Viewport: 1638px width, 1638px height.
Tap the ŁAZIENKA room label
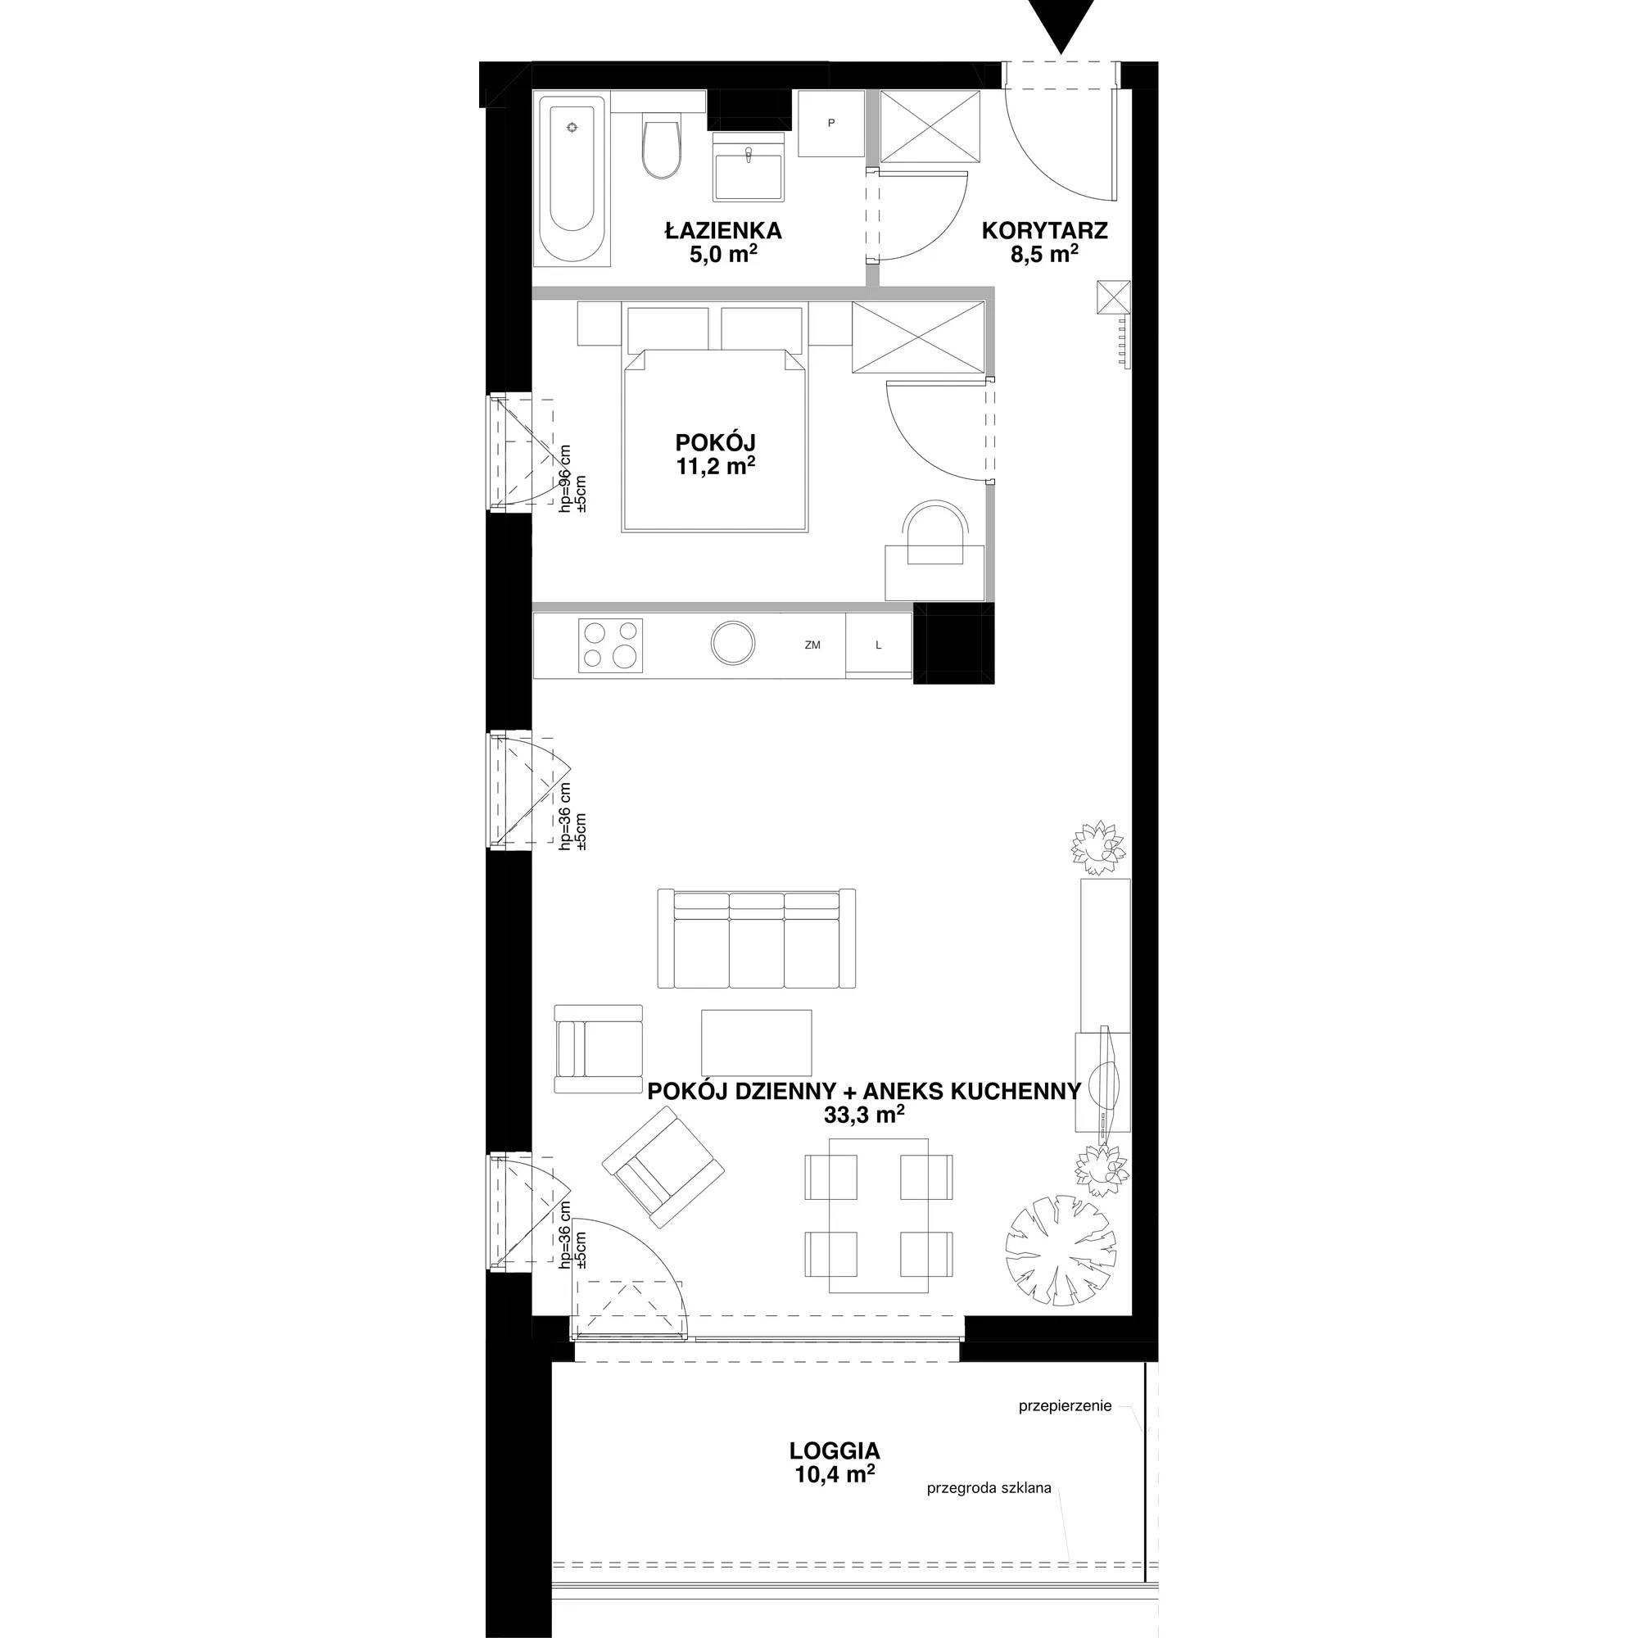pyautogui.click(x=723, y=230)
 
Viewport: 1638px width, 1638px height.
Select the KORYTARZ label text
pyautogui.click(x=1044, y=230)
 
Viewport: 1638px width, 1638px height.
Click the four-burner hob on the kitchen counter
pyautogui.click(x=610, y=645)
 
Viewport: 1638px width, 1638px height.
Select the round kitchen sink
pyautogui.click(x=732, y=644)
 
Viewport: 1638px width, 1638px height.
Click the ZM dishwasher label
pyautogui.click(x=812, y=645)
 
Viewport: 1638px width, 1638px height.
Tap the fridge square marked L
pyautogui.click(x=878, y=645)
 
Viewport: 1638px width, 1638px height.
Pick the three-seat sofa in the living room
pyautogui.click(x=757, y=939)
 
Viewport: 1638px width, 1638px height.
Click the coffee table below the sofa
pyautogui.click(x=756, y=1042)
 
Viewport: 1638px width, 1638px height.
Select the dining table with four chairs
pyautogui.click(x=878, y=1215)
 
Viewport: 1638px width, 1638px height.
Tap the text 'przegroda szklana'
pyautogui.click(x=989, y=1488)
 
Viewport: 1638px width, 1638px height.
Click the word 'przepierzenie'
pyautogui.click(x=1065, y=1405)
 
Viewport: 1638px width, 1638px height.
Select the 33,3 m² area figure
pyautogui.click(x=864, y=1115)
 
